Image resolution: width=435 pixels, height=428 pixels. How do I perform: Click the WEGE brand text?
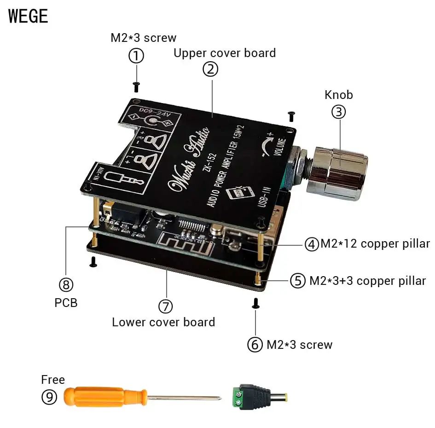pos(28,16)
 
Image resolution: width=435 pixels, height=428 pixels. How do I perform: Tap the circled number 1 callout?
pos(136,56)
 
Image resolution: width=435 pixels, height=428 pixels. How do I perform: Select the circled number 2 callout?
pos(210,69)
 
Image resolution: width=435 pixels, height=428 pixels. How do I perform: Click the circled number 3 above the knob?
pos(338,112)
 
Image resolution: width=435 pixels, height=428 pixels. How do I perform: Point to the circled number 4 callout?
pos(312,244)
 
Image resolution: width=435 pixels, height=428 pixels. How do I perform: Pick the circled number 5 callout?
pos(298,280)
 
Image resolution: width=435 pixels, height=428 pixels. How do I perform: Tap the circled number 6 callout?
pos(255,345)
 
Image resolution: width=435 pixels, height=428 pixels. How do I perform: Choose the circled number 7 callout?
pos(166,306)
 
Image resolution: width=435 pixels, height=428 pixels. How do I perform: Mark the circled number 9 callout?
pos(49,397)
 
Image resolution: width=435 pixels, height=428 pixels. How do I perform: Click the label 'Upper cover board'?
pos(225,53)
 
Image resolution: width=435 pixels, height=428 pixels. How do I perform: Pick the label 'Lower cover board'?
pos(163,322)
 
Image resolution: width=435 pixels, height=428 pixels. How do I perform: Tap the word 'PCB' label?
pos(66,303)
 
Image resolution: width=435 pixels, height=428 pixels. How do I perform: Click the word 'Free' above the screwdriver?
pos(53,380)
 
